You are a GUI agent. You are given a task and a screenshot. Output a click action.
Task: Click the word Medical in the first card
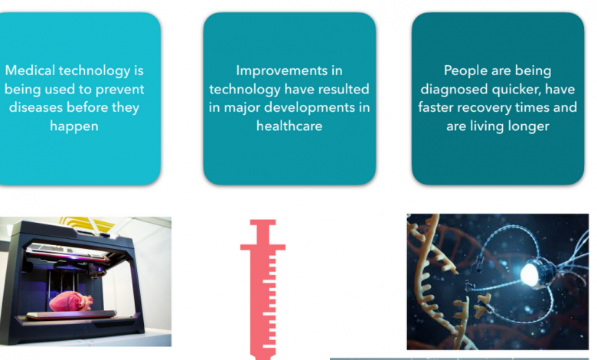pyautogui.click(x=30, y=70)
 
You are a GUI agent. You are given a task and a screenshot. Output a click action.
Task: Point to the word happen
pyautogui.click(x=74, y=126)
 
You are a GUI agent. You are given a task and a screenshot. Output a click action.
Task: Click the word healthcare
pyautogui.click(x=289, y=126)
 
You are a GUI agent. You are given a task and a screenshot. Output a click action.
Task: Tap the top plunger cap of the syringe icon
pyautogui.click(x=263, y=222)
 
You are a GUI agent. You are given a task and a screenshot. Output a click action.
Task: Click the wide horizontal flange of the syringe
pyautogui.click(x=263, y=247)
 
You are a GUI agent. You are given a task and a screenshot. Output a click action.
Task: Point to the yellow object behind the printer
pyautogui.click(x=87, y=223)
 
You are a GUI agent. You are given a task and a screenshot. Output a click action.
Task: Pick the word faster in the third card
pyautogui.click(x=436, y=107)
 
